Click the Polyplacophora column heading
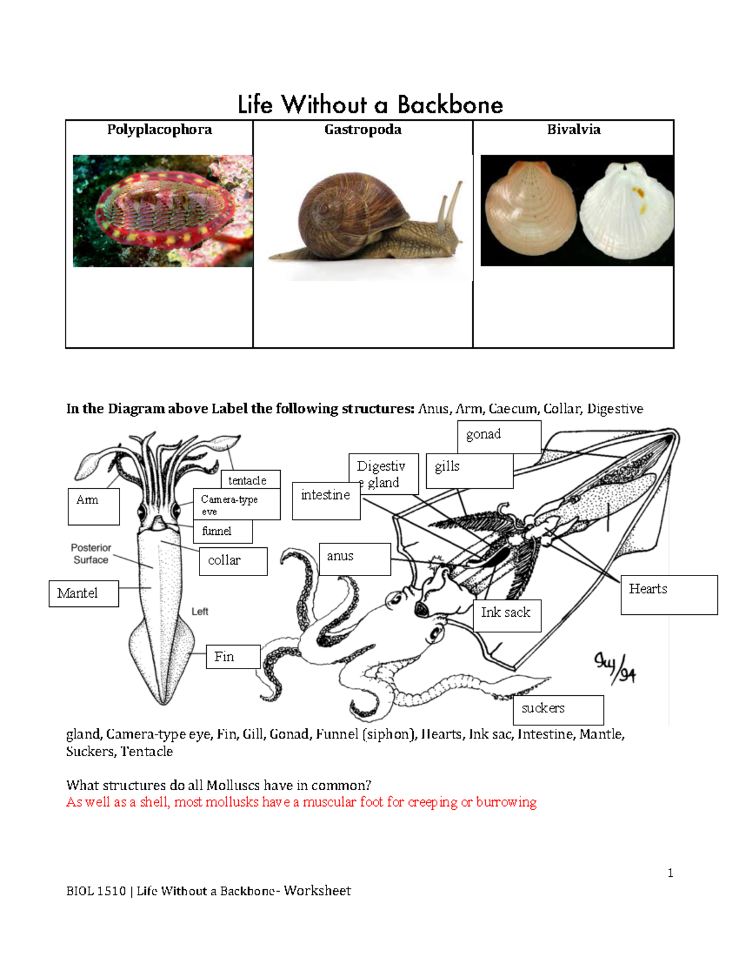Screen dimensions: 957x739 coord(160,129)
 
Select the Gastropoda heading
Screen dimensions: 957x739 coord(363,129)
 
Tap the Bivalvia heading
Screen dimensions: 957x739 coord(573,129)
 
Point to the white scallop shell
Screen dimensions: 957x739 coord(626,210)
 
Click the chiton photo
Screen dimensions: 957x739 coord(163,211)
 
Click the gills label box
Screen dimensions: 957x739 coord(469,470)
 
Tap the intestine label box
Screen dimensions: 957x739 coord(326,500)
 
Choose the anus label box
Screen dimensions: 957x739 coord(354,559)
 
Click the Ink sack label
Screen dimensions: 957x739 coord(507,615)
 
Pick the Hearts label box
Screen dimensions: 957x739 coord(669,594)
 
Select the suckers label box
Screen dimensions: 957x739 coord(558,710)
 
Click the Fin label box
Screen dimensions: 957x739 coord(233,657)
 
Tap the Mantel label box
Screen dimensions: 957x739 coord(83,593)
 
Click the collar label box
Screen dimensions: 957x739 coord(233,561)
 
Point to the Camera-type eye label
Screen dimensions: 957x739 coord(236,504)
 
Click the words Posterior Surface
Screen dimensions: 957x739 coord(91,553)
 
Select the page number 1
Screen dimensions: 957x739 coord(670,873)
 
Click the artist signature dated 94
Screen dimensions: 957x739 coord(615,668)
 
